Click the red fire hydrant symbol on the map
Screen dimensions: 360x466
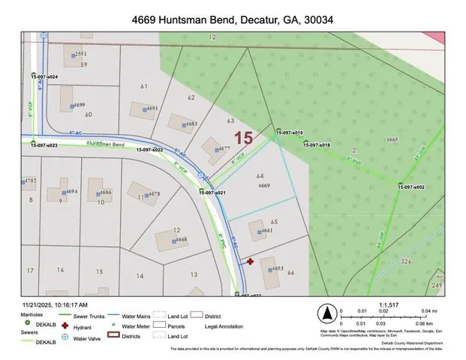(x=250, y=262)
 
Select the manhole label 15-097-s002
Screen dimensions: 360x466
(x=411, y=187)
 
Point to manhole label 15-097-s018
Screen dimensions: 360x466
(x=316, y=145)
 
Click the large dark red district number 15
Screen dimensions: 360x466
(x=242, y=138)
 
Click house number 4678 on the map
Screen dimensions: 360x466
(x=153, y=193)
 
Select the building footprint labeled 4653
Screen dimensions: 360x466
(x=269, y=273)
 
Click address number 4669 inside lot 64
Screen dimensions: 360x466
(x=263, y=185)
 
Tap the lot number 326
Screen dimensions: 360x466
(x=406, y=261)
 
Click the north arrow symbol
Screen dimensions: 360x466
(x=326, y=313)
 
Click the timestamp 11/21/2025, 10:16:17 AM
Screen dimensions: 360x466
(x=55, y=305)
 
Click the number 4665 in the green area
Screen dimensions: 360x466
(x=392, y=140)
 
